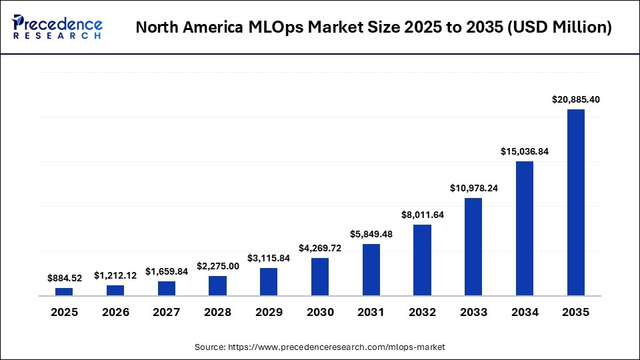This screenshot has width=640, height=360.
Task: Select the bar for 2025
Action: click(64, 292)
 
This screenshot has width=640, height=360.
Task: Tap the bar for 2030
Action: click(320, 277)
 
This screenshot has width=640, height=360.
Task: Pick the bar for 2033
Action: click(473, 247)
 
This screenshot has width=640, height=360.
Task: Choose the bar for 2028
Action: click(217, 285)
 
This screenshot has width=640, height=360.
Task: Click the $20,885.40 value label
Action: click(576, 99)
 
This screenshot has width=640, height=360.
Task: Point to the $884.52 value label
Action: click(64, 278)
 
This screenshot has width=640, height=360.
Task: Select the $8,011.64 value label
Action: click(422, 215)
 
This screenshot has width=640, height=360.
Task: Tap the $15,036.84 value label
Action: click(525, 151)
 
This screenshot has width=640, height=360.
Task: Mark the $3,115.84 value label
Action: click(269, 258)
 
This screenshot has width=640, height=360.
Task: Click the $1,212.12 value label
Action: click(115, 275)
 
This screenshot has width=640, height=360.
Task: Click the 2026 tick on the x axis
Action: click(115, 312)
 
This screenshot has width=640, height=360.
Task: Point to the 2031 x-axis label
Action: click(371, 312)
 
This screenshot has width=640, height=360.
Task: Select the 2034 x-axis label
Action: click(525, 312)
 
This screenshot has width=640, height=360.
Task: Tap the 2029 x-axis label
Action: click(269, 312)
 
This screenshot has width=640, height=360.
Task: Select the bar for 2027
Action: click(167, 288)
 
